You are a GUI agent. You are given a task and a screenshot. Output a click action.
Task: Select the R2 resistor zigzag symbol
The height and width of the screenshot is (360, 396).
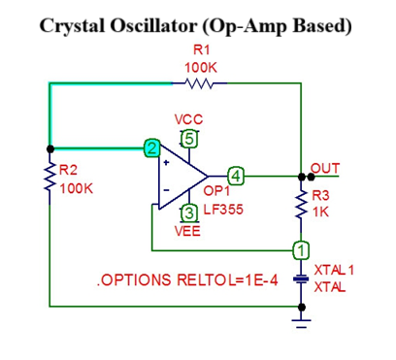49,180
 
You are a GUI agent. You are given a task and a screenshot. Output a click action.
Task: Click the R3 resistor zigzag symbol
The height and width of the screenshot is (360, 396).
302,205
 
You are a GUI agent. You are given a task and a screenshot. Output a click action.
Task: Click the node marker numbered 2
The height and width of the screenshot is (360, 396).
150,148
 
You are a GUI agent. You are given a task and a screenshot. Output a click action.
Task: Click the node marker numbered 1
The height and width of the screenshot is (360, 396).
302,250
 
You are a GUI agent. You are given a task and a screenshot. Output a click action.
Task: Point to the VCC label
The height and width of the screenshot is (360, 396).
188,119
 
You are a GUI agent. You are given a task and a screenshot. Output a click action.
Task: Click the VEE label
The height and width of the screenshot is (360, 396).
188,231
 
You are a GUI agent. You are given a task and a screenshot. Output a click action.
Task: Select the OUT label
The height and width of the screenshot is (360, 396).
325,167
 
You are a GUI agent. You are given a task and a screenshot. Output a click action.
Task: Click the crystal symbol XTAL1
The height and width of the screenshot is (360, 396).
302,278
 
